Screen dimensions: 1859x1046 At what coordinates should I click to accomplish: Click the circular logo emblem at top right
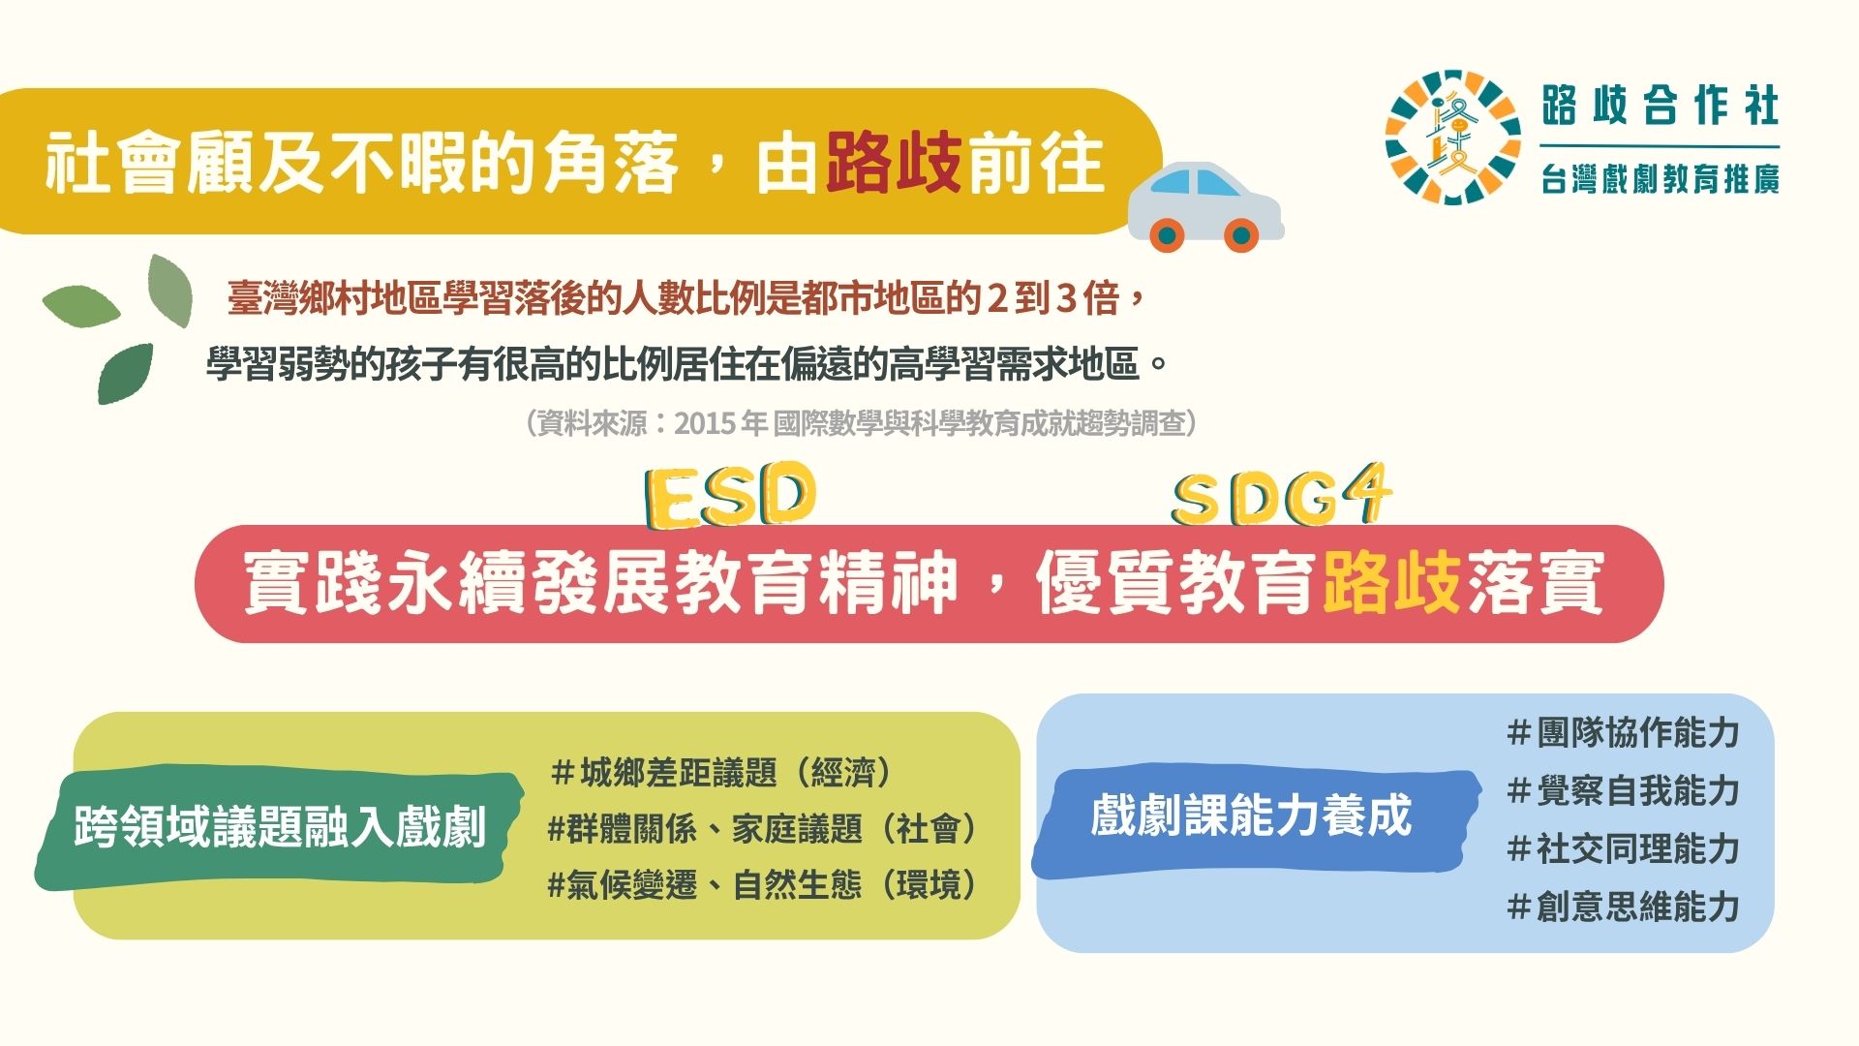point(1452,137)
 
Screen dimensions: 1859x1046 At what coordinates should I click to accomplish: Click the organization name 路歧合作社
point(1661,106)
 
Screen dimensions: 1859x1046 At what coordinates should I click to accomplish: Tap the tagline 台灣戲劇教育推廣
point(1661,179)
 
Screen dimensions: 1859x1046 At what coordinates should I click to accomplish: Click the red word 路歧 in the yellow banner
point(894,162)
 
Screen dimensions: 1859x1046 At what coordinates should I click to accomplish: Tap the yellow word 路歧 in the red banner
point(1391,582)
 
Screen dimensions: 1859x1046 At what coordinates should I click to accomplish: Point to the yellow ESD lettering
point(731,495)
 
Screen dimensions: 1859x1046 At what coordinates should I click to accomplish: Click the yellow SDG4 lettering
point(1281,496)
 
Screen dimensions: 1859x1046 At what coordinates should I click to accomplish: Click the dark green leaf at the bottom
point(125,373)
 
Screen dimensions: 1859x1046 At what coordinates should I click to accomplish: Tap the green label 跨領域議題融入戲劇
point(280,828)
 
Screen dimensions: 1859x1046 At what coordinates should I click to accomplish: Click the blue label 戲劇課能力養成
point(1252,815)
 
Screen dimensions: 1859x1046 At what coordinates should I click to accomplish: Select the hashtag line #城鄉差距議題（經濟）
point(721,773)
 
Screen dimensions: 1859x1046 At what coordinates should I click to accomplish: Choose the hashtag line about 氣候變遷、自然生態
point(764,885)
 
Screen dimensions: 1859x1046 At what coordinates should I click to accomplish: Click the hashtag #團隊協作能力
point(1624,733)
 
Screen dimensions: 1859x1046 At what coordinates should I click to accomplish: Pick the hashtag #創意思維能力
point(1624,908)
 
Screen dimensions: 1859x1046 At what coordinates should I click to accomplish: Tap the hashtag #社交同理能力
point(1624,849)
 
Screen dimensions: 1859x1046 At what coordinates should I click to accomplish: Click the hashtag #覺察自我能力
point(1624,791)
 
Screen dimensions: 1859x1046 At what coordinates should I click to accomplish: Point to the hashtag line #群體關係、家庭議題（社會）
point(764,829)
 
